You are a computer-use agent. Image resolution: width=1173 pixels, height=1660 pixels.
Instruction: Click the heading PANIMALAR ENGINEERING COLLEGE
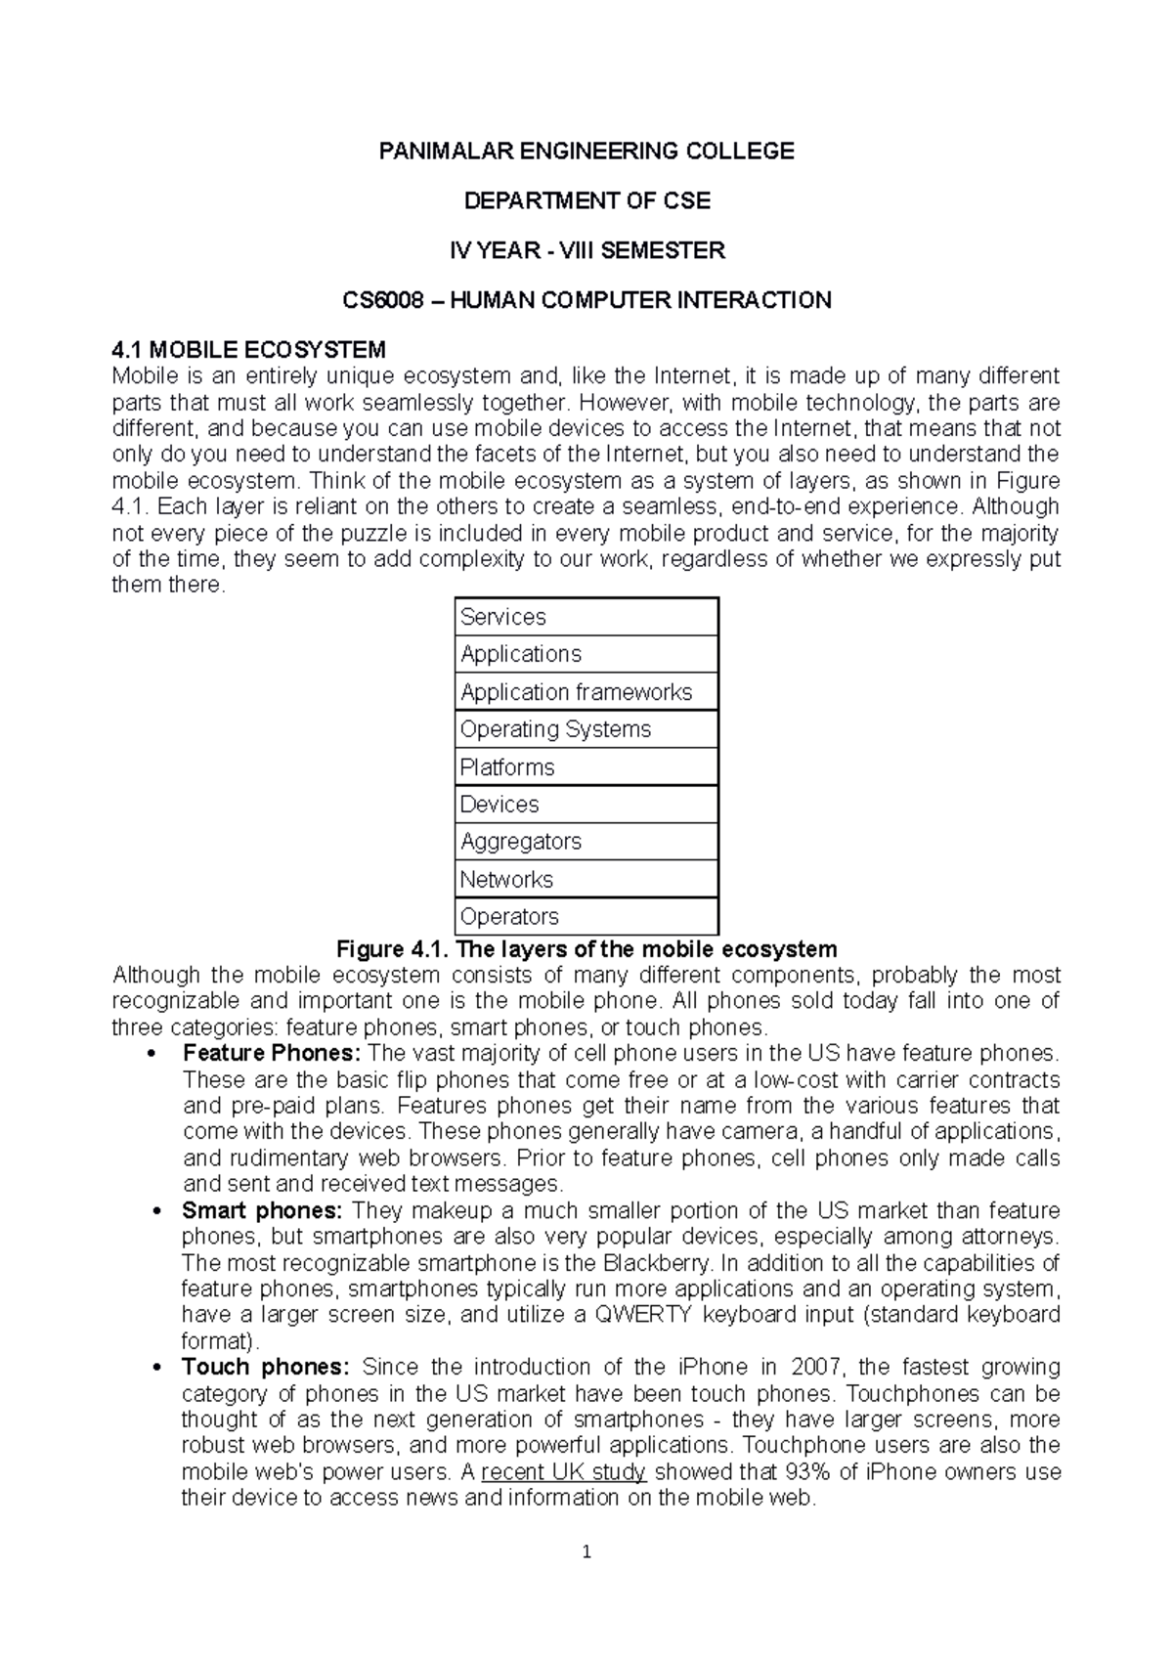pyautogui.click(x=586, y=151)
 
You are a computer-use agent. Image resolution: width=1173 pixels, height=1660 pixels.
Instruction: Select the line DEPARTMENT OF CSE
pyautogui.click(x=586, y=200)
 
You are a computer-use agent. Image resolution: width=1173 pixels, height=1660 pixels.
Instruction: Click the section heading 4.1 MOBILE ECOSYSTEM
pyautogui.click(x=249, y=350)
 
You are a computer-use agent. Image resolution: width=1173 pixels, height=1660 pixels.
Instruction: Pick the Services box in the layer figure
pyautogui.click(x=586, y=617)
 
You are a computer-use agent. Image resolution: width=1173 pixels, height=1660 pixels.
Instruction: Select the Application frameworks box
pyautogui.click(x=586, y=692)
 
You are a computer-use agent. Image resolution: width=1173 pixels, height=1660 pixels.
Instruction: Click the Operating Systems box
pyautogui.click(x=586, y=729)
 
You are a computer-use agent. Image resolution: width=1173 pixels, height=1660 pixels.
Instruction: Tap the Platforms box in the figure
pyautogui.click(x=586, y=767)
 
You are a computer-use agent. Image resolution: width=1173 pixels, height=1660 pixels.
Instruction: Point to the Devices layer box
pyautogui.click(x=586, y=805)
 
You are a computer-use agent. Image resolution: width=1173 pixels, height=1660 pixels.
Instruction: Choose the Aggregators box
pyautogui.click(x=586, y=842)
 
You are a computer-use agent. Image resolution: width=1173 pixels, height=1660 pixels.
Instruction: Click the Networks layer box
pyautogui.click(x=586, y=879)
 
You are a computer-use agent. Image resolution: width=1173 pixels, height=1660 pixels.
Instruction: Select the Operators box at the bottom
pyautogui.click(x=586, y=917)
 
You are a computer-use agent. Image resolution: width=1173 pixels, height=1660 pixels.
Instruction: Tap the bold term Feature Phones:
pyautogui.click(x=272, y=1054)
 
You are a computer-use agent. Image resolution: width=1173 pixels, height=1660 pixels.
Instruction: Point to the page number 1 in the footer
pyautogui.click(x=586, y=1551)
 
